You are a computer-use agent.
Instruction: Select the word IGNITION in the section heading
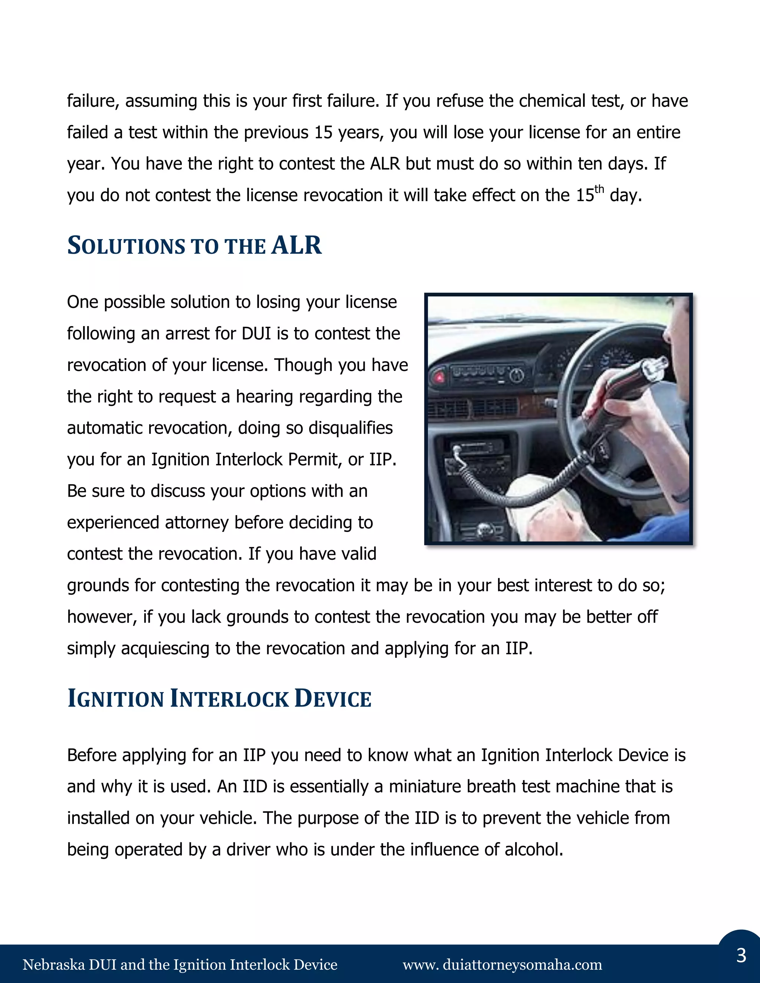[116, 698]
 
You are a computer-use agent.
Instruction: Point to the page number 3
[741, 955]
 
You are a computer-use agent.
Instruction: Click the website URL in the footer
[502, 964]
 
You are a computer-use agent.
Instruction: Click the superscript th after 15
[599, 189]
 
